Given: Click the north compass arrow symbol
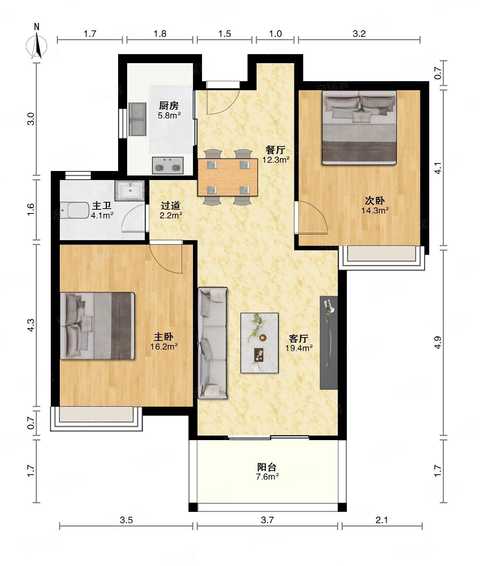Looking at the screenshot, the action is pos(37,45).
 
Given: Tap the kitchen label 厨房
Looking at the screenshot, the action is pos(169,106).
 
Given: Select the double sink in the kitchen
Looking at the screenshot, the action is pos(137,120).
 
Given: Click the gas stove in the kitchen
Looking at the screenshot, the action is pos(168,165).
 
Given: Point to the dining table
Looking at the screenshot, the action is pos(228,177).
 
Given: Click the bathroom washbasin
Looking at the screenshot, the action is pos(130,189).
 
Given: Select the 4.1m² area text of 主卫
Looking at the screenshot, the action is pos(102,215).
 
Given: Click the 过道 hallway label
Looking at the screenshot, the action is pos(170,205).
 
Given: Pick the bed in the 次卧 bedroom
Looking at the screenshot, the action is pos(359,128).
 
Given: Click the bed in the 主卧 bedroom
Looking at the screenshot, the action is pos(97,325).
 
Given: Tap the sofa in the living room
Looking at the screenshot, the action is pos(213,343).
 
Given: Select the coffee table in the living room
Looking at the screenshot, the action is pos(259,343).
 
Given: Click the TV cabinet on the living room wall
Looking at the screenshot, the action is pos(329,342).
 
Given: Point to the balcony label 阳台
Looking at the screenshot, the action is pos(267,467).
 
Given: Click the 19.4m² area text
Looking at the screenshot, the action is pos(299,348).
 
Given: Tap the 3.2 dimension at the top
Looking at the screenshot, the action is pos(359,34).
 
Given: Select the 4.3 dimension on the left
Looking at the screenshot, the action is pos(31,325).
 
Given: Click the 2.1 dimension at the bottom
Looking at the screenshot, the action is pos(381,520).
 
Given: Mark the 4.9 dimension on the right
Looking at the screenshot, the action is pos(438,342).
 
